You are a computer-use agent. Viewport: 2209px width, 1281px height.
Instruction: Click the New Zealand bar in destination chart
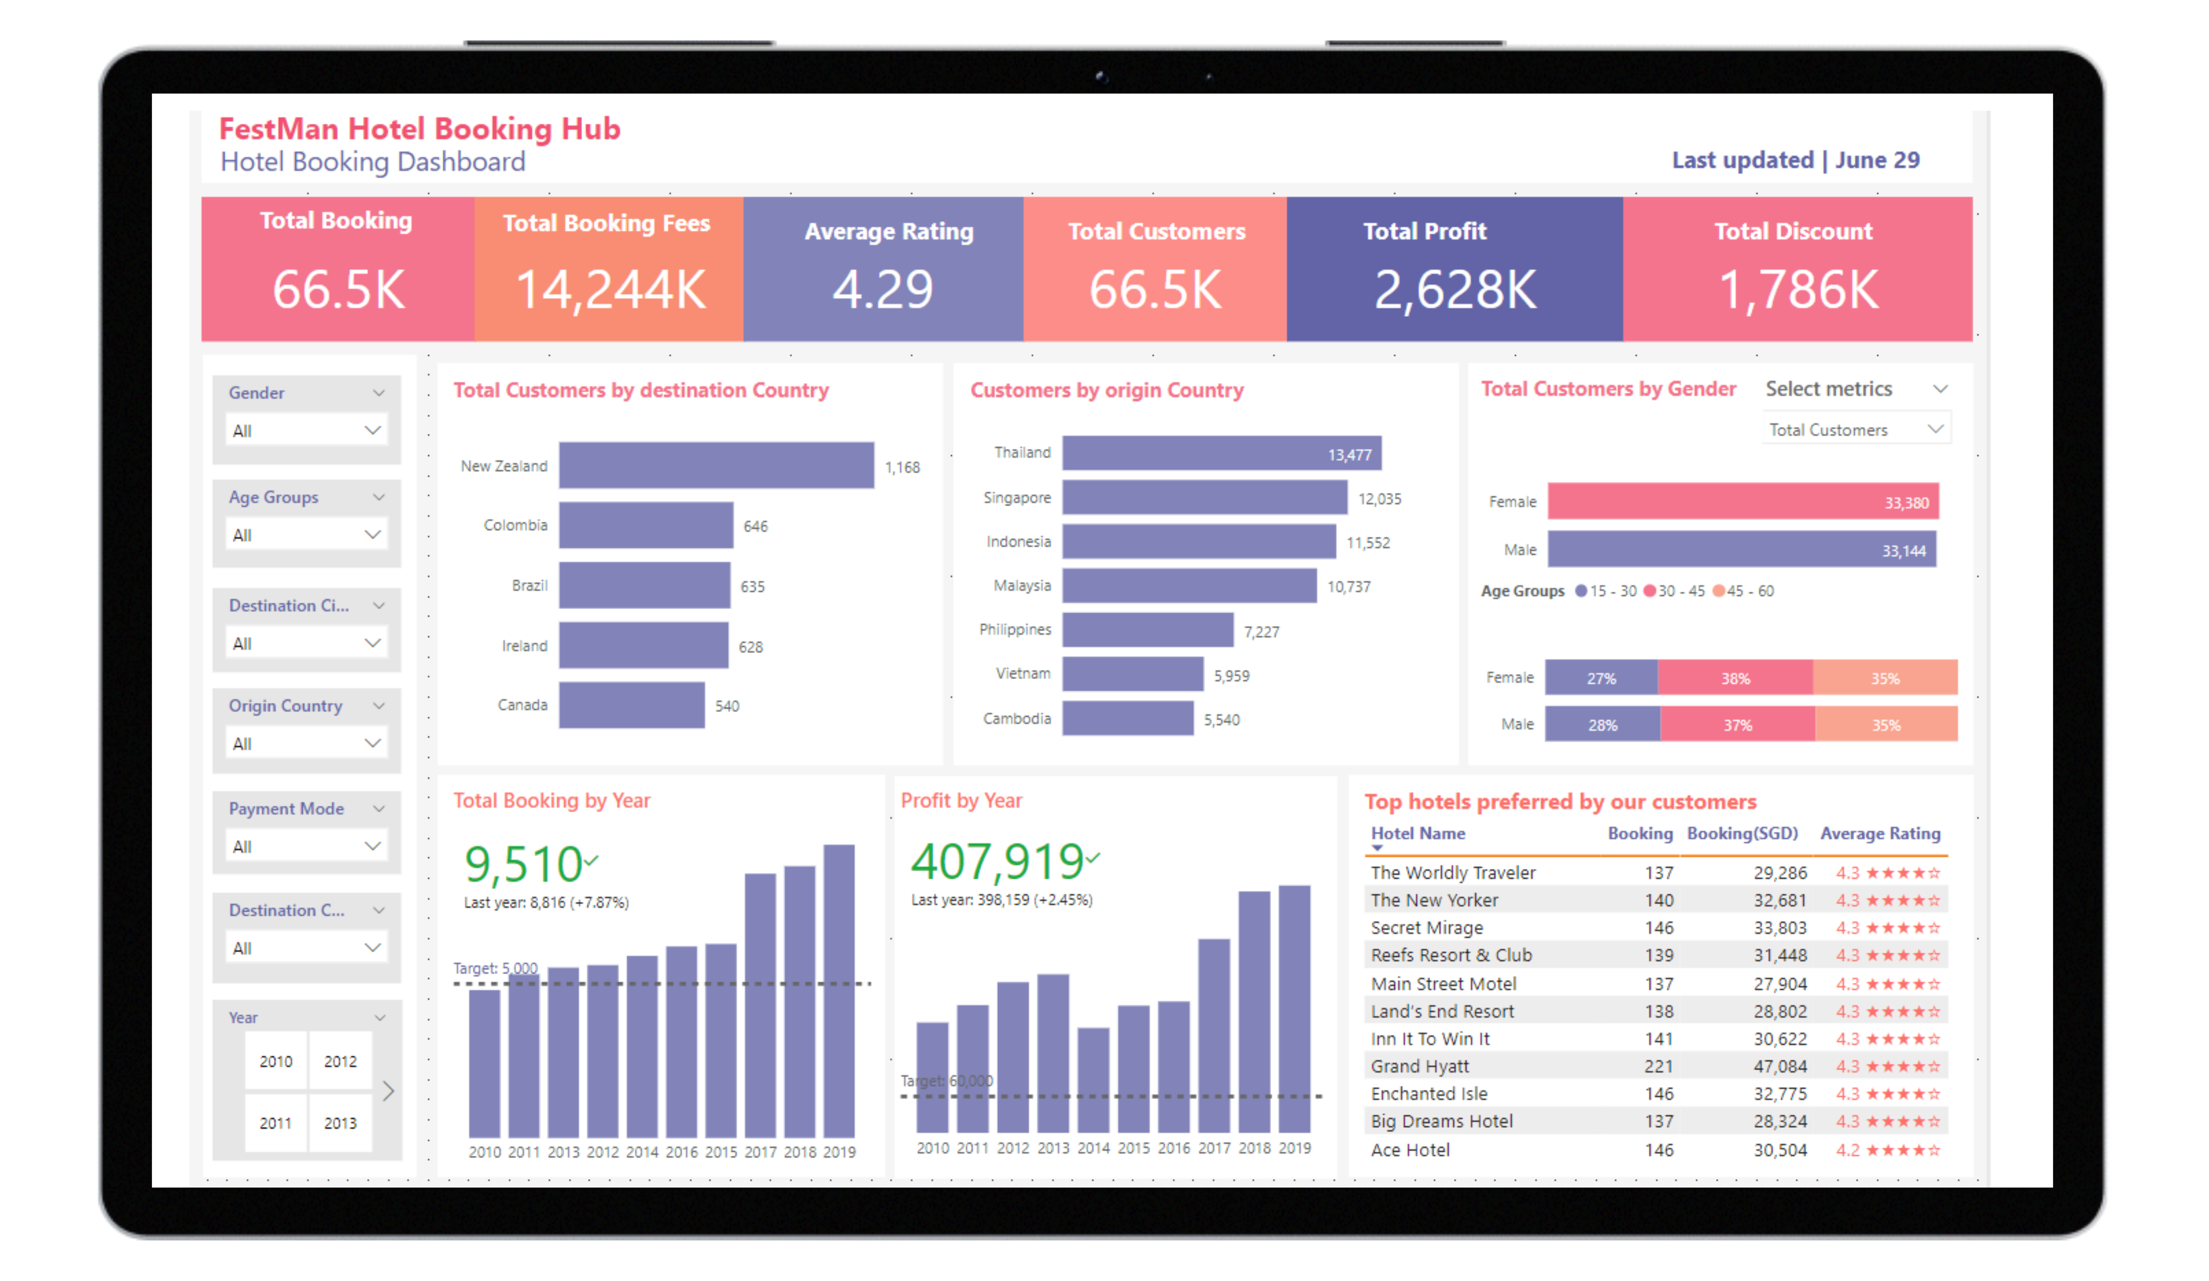tap(716, 465)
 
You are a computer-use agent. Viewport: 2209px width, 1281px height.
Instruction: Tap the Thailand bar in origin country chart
tap(1222, 453)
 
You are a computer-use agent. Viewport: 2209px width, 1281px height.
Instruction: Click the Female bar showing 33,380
tap(1743, 502)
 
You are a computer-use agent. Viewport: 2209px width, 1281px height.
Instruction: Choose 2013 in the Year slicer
tap(340, 1122)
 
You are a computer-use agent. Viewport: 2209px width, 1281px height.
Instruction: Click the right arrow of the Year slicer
tap(388, 1091)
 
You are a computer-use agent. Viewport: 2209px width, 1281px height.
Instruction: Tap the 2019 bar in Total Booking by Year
tap(839, 991)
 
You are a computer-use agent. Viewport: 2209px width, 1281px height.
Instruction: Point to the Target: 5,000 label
tap(495, 968)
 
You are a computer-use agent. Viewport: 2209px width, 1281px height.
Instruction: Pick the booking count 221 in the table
tap(1658, 1066)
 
